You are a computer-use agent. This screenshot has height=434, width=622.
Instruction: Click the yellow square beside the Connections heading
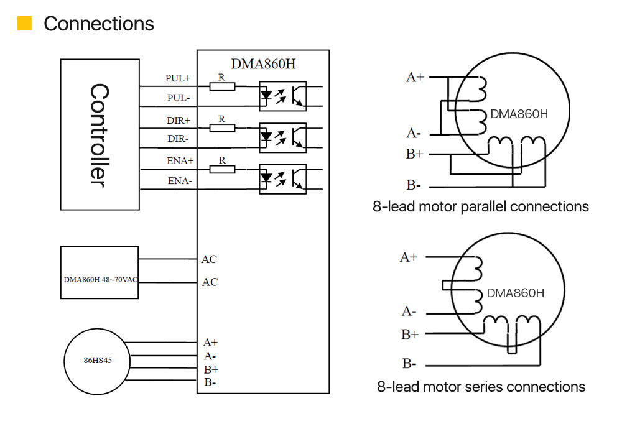pos(24,24)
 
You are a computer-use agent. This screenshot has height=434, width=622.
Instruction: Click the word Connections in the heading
pos(99,24)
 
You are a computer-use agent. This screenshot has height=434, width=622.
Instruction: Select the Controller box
pos(100,134)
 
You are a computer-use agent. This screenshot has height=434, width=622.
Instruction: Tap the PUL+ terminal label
pos(178,78)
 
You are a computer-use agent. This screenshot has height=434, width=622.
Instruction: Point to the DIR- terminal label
pos(178,139)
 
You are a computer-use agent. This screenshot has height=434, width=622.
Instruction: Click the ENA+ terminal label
pos(180,160)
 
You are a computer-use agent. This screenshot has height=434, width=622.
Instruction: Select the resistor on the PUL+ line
pos(222,86)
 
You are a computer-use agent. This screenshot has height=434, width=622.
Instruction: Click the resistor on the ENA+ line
pos(222,169)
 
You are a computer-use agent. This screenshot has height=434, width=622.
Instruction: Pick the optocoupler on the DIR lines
pos(282,135)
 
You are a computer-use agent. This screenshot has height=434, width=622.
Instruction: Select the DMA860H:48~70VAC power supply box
pos(100,272)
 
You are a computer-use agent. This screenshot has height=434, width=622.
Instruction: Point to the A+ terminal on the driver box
pos(210,342)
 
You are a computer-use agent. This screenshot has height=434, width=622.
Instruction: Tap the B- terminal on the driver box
pos(210,382)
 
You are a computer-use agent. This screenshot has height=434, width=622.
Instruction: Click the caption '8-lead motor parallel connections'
pos(480,206)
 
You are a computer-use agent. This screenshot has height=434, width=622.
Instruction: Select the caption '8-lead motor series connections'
pos(481,387)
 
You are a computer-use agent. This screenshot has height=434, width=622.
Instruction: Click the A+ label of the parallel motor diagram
pos(415,77)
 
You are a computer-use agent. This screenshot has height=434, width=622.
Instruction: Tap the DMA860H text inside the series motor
pos(516,293)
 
